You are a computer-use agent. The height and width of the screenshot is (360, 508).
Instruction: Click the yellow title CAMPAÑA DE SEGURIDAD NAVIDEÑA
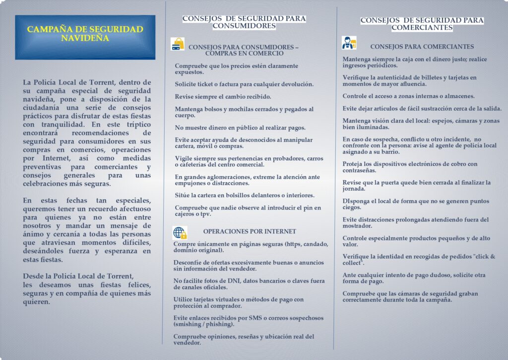(x=85, y=34)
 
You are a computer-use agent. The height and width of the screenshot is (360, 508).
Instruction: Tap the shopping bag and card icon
(x=177, y=44)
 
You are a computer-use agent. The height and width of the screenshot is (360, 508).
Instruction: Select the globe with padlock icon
(x=180, y=232)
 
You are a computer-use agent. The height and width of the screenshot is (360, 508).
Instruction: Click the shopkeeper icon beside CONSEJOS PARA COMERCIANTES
(x=349, y=43)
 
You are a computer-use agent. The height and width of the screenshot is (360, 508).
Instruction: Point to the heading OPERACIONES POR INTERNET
(x=250, y=231)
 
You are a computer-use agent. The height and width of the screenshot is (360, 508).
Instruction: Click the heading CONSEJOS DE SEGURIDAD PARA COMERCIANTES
(x=422, y=24)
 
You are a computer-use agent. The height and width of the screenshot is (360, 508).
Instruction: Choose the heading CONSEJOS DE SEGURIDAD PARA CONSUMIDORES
(x=244, y=22)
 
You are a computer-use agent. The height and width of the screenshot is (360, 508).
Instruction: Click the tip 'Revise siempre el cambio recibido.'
(x=222, y=96)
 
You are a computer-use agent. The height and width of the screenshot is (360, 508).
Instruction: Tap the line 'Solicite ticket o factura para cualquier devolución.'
(x=244, y=84)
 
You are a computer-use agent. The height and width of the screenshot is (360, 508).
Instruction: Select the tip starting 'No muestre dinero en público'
(x=240, y=128)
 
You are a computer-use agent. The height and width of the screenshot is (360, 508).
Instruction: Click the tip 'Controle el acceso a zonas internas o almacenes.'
(x=409, y=96)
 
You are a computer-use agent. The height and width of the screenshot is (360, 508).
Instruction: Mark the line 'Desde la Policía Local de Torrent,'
(x=78, y=276)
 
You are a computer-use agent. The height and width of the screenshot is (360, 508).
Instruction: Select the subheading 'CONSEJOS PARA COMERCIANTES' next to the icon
(x=422, y=47)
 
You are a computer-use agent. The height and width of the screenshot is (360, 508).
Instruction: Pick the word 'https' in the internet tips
(x=292, y=244)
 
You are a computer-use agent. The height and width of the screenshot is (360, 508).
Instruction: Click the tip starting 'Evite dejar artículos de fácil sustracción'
(x=422, y=108)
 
